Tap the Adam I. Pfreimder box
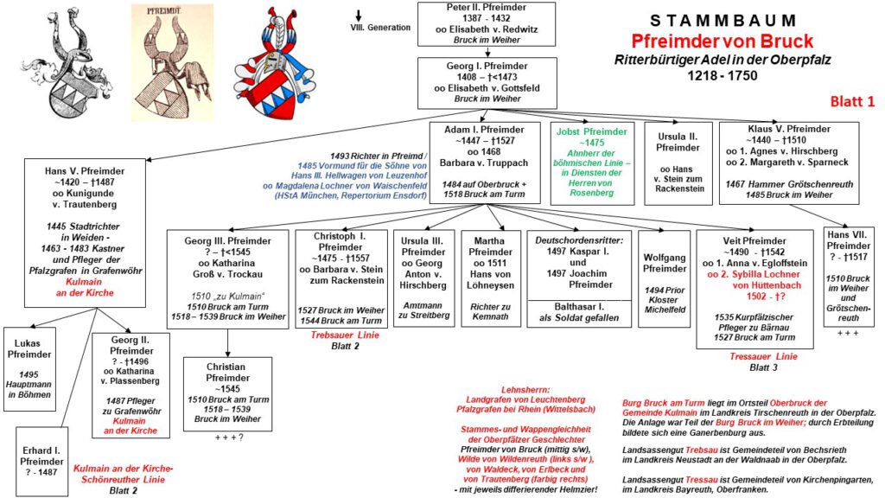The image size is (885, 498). tap(483, 163)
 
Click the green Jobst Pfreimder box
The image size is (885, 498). tap(592, 163)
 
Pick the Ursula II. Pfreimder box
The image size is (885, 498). tap(678, 163)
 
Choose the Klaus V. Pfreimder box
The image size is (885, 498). tap(788, 163)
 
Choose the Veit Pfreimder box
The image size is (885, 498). tap(754, 288)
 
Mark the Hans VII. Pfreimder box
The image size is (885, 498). tap(848, 278)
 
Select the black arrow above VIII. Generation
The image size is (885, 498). tap(357, 16)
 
